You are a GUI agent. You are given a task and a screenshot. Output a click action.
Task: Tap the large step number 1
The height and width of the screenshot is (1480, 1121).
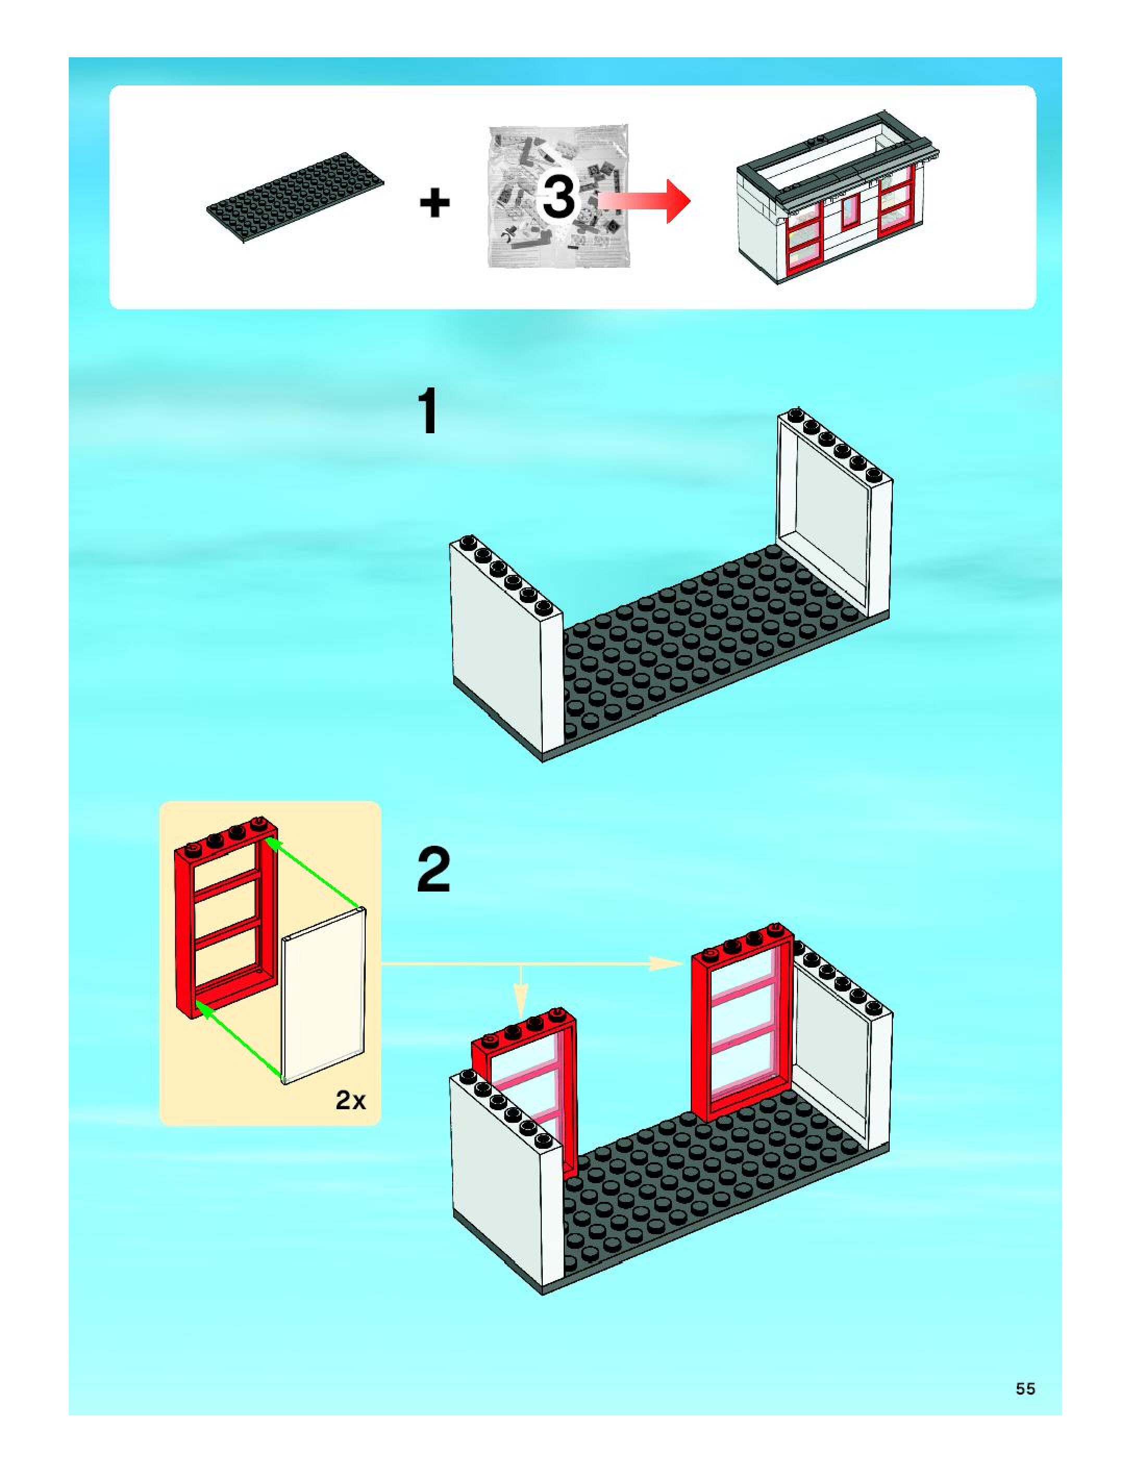click(x=428, y=413)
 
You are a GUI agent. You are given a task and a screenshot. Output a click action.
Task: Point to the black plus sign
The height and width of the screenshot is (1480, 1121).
click(x=434, y=203)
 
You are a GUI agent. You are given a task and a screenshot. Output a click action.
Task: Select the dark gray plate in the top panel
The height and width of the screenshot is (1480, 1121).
click(x=295, y=197)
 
